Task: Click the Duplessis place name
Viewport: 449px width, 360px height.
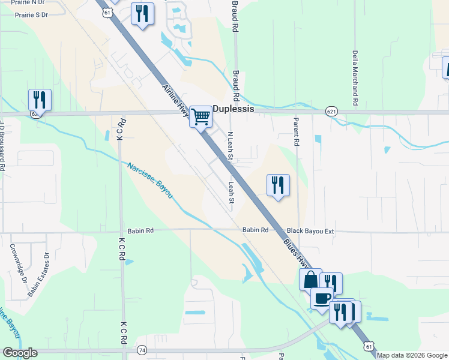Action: click(234, 110)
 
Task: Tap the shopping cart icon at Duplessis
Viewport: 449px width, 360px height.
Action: click(200, 116)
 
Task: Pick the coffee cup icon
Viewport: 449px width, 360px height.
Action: click(322, 298)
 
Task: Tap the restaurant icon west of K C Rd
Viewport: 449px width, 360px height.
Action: click(40, 100)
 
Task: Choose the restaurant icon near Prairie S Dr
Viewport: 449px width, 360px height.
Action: click(142, 14)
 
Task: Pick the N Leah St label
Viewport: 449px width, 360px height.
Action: click(231, 146)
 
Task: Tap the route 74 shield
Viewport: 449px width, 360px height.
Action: click(142, 350)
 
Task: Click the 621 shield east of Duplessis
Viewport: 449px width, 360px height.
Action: click(332, 112)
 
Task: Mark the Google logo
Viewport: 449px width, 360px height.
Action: click(20, 353)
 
